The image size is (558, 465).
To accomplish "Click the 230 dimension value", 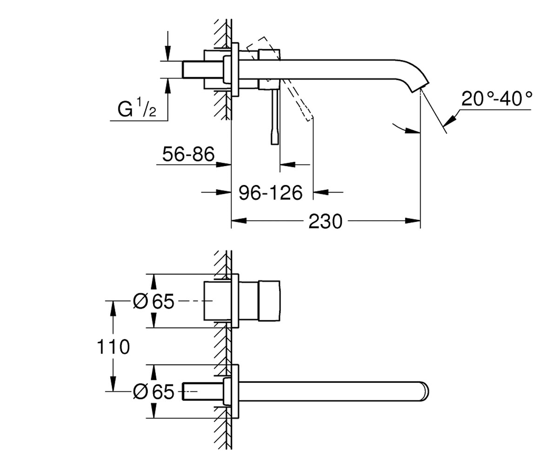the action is coord(325,221).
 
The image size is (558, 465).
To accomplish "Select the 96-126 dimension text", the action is coord(271,193).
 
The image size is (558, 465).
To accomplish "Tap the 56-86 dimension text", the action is coord(188,154).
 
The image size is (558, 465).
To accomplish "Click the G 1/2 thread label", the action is coord(137,108).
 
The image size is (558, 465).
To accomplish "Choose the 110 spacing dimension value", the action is coord(113,347).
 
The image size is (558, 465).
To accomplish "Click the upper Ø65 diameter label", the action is coord(153,301).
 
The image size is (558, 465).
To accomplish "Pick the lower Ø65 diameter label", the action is coord(153,392).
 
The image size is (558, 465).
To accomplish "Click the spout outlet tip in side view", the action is coord(420,88).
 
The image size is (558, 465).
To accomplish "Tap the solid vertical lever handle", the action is coord(275,117).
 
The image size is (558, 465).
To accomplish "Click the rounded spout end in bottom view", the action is coord(425,391).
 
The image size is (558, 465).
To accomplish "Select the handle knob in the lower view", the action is coord(269,301).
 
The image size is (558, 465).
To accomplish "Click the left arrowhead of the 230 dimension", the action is coord(239,221).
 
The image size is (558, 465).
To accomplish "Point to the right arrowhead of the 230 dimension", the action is coord(413,221).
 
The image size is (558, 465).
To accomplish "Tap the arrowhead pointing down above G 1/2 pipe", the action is coord(167,53).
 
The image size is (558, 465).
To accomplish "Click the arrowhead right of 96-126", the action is coord(320,192).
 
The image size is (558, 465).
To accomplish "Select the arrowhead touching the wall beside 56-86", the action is coord(224,165).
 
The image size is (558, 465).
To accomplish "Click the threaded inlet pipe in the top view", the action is coord(203,69).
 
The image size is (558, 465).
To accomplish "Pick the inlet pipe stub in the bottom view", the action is coord(203,392).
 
